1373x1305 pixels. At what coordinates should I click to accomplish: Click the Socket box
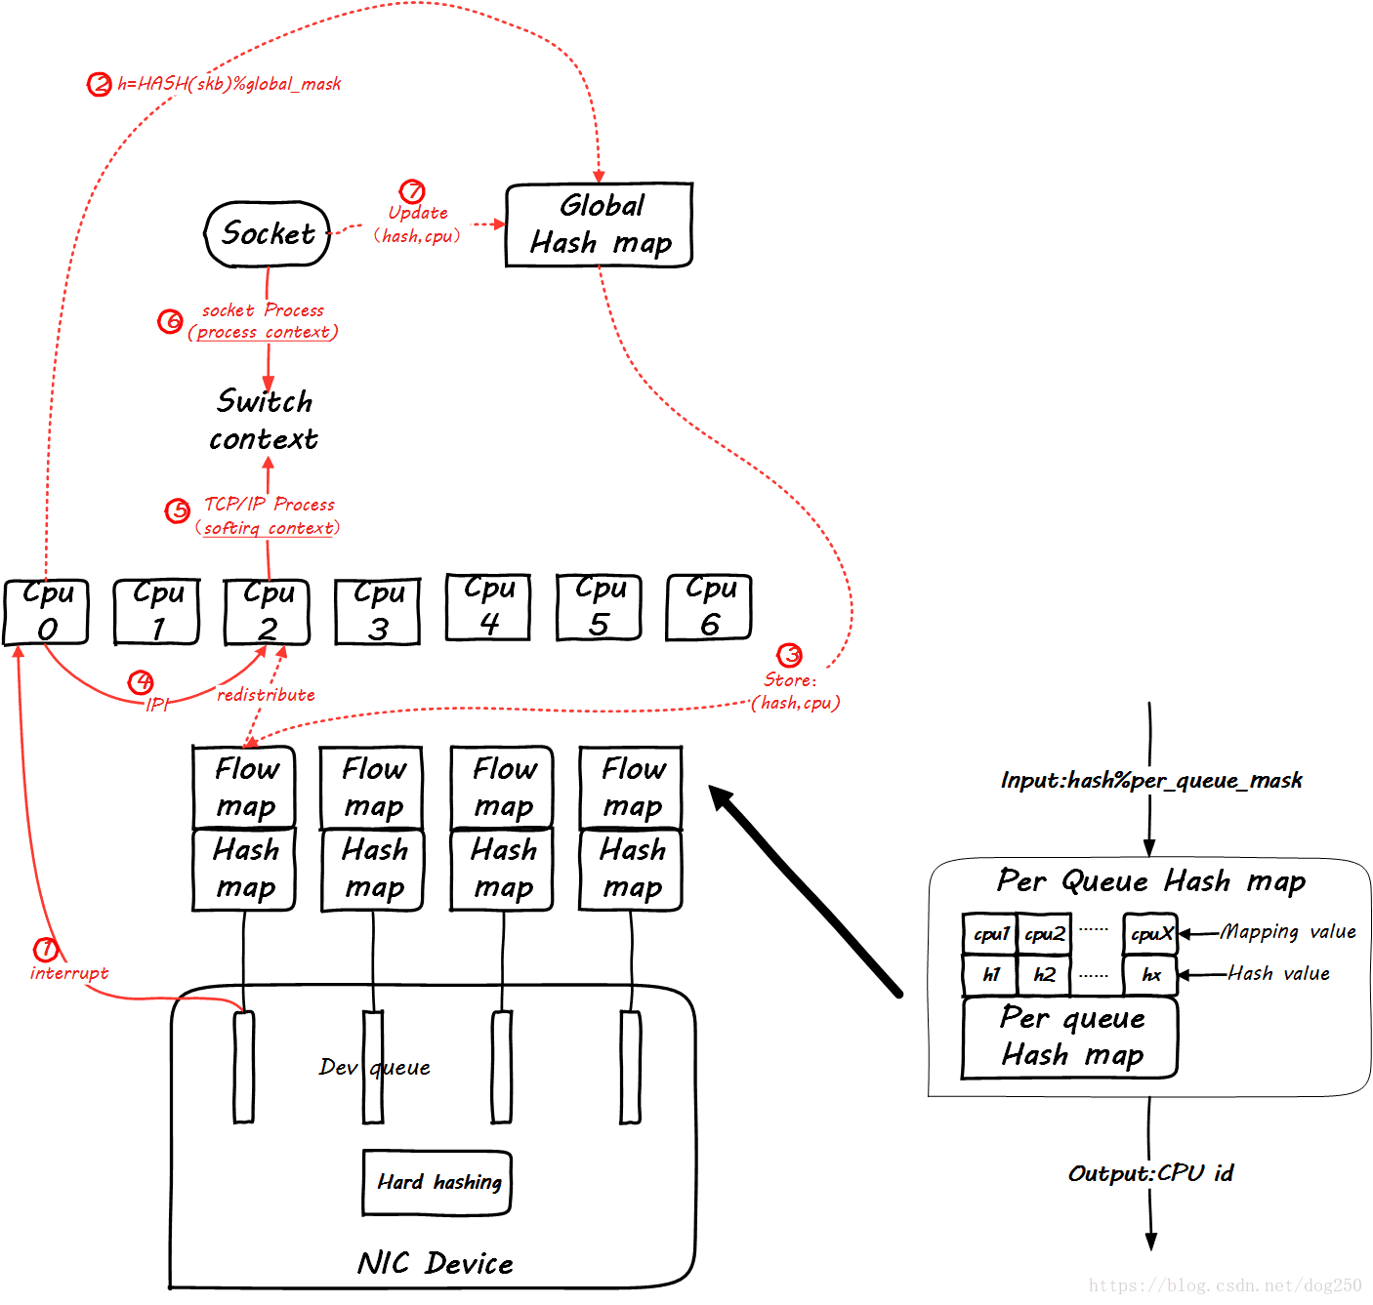(x=268, y=234)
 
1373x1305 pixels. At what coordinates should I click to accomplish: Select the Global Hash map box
(x=599, y=224)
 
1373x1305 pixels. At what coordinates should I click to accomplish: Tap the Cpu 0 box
(x=46, y=612)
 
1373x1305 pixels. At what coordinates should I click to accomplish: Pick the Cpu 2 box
(x=267, y=612)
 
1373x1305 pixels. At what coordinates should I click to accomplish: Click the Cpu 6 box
(x=709, y=607)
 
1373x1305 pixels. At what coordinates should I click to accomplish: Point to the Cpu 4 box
(x=488, y=607)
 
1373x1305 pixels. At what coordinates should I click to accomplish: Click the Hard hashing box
(x=437, y=1183)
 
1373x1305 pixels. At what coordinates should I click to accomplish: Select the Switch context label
(x=264, y=421)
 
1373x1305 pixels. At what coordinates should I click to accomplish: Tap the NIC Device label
(x=435, y=1264)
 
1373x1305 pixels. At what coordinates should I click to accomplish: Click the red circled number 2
(x=100, y=84)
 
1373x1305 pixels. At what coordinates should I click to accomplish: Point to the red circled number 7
(x=412, y=191)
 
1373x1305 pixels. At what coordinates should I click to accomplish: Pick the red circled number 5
(x=178, y=510)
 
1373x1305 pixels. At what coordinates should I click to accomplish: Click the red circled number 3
(x=789, y=655)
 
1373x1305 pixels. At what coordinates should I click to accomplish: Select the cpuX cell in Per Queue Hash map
(x=1150, y=934)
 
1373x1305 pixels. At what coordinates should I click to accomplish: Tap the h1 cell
(x=990, y=974)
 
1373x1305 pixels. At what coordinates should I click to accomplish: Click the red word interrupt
(x=69, y=973)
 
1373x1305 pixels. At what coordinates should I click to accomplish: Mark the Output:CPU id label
(x=1150, y=1173)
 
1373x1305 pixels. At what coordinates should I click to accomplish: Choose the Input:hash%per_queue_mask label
(x=1150, y=781)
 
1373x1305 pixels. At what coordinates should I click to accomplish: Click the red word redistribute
(x=266, y=695)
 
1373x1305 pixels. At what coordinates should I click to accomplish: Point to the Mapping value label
(x=1288, y=932)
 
